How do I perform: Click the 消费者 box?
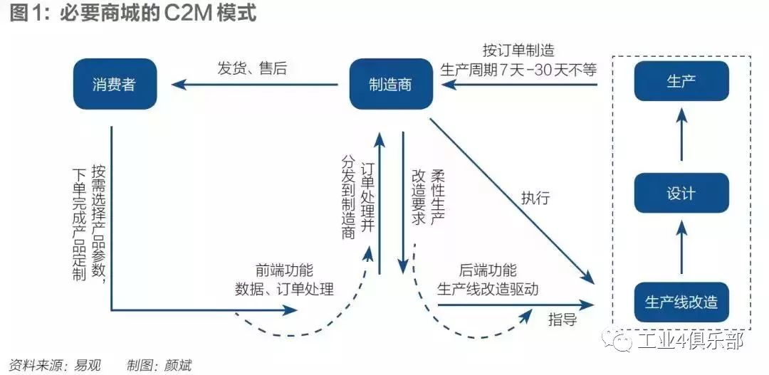tap(115, 84)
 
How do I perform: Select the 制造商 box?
tap(390, 84)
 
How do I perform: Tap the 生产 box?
tap(681, 81)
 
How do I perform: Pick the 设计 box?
tap(681, 193)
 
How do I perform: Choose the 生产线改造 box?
tap(681, 302)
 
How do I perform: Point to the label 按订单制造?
tap(518, 51)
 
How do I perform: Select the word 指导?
tap(562, 319)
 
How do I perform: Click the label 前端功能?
tap(284, 271)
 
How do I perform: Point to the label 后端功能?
tap(488, 270)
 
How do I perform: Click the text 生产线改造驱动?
tap(488, 290)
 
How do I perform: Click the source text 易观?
tap(87, 365)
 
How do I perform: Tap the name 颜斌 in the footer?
tap(177, 365)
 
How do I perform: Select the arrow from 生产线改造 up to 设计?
tap(681, 247)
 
